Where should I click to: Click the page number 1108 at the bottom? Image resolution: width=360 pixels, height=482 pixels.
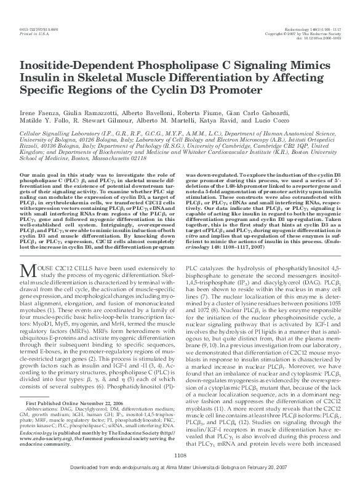pyautogui.click(x=180, y=456)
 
